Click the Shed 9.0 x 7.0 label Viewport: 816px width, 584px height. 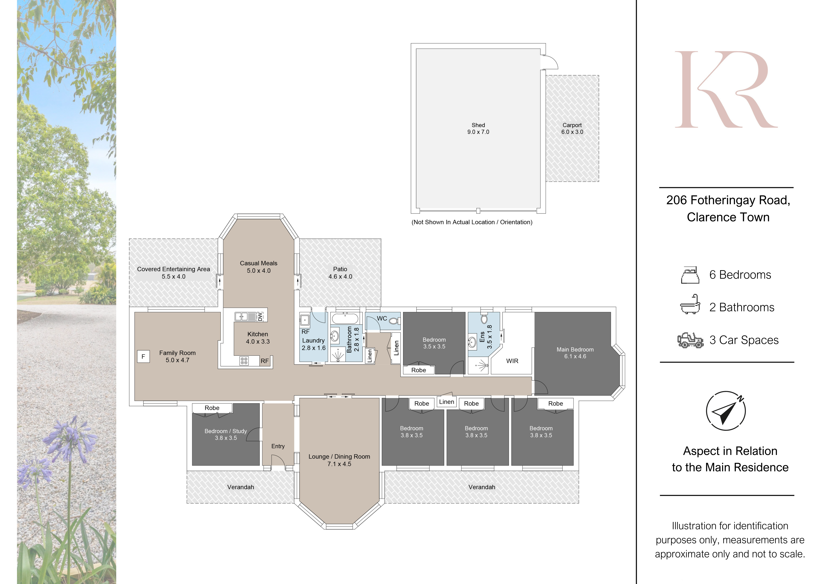478,128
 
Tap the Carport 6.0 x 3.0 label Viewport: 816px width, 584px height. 572,128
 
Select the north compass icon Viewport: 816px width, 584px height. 725,411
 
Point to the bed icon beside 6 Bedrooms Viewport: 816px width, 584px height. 690,275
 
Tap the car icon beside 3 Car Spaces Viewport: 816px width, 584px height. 690,340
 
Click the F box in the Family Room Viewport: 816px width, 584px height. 143,356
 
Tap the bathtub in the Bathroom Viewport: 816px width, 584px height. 345,319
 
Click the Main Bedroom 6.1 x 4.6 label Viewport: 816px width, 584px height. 575,353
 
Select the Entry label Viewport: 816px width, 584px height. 278,446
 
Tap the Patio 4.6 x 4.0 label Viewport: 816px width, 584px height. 340,273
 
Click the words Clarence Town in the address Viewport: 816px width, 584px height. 728,217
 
